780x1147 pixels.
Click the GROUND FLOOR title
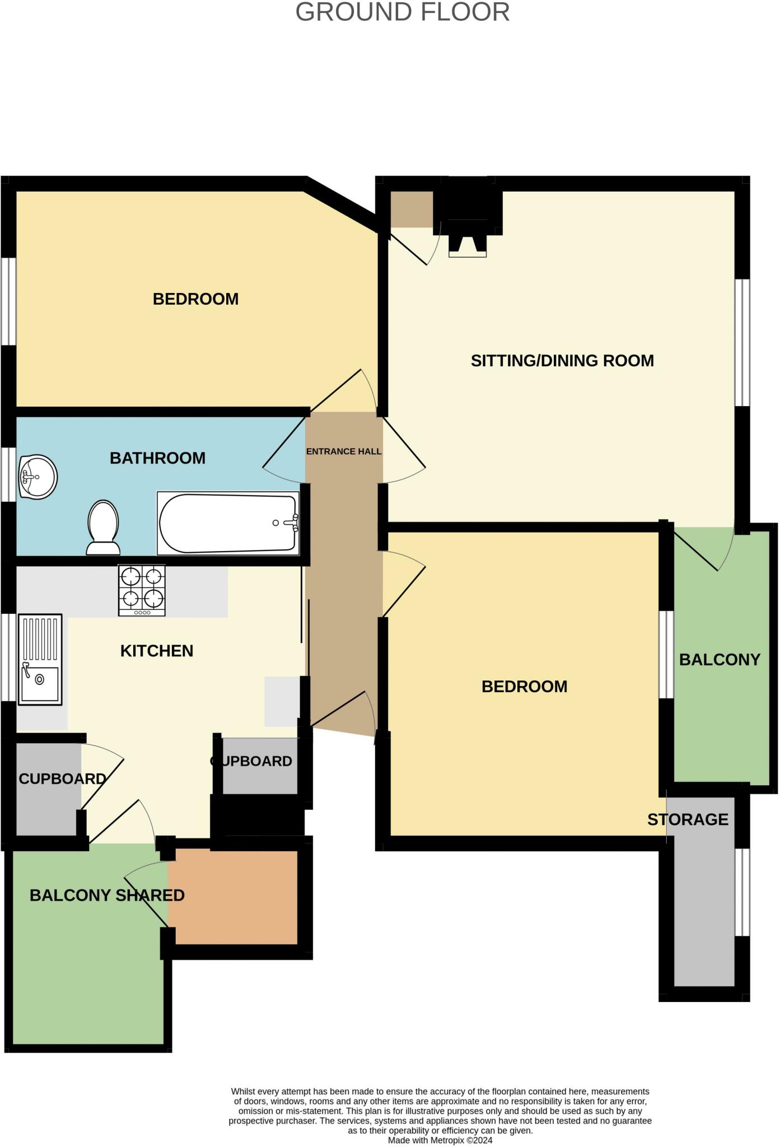pyautogui.click(x=402, y=12)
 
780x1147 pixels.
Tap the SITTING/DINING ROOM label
pyautogui.click(x=562, y=361)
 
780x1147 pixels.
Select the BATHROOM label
pyautogui.click(x=157, y=458)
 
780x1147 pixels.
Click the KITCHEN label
pyautogui.click(x=157, y=651)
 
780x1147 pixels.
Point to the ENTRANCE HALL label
pyautogui.click(x=343, y=451)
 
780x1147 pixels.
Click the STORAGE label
pyautogui.click(x=688, y=819)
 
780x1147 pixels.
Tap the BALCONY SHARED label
pyautogui.click(x=107, y=895)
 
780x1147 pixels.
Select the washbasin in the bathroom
pyautogui.click(x=38, y=477)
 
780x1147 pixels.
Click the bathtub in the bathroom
pyautogui.click(x=228, y=523)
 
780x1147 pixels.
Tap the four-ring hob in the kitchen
pyautogui.click(x=142, y=590)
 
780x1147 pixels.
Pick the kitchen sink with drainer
pyautogui.click(x=40, y=659)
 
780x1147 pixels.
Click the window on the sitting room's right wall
pyautogui.click(x=742, y=342)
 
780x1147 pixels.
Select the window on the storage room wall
pyautogui.click(x=742, y=892)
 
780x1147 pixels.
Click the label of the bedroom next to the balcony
pyautogui.click(x=524, y=687)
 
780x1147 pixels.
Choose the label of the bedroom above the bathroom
pyautogui.click(x=195, y=299)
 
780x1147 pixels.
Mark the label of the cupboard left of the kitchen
pyautogui.click(x=62, y=778)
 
